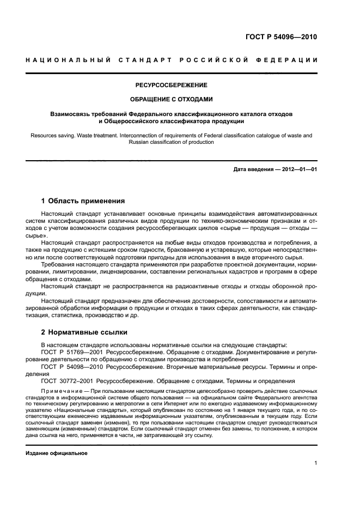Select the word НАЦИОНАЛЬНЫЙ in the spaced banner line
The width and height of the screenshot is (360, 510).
[x=66, y=59]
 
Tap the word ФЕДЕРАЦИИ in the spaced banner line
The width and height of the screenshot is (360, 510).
[x=290, y=59]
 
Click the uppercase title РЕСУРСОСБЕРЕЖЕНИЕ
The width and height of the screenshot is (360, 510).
[x=172, y=85]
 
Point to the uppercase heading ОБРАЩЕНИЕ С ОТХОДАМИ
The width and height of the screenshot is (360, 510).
[x=172, y=99]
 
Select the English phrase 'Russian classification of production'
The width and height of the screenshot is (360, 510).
[x=172, y=142]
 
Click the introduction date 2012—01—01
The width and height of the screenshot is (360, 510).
[x=298, y=169]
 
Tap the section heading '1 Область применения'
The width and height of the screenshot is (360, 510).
[x=83, y=201]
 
